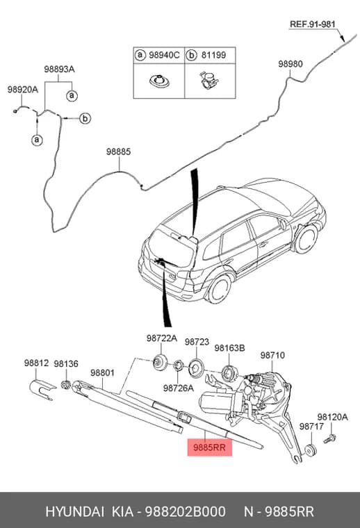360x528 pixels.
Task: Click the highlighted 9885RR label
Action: (x=209, y=447)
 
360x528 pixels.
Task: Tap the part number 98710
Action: (x=272, y=355)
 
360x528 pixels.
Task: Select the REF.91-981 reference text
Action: (x=313, y=24)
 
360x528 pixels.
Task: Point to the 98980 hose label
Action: (x=291, y=64)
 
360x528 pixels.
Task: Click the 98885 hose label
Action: (x=119, y=151)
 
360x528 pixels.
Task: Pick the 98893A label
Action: (x=59, y=69)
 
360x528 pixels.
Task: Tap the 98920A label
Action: (x=23, y=90)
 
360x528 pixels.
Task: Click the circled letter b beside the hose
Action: (x=85, y=119)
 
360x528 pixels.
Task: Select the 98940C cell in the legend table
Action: (x=159, y=55)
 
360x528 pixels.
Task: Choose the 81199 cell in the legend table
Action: (x=210, y=55)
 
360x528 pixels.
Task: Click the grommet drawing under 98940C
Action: (x=159, y=81)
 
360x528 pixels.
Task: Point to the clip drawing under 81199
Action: (x=208, y=81)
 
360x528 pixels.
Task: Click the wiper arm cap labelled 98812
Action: (x=42, y=389)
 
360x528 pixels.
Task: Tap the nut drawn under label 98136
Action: (x=65, y=384)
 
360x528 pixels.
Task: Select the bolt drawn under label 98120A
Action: (x=329, y=438)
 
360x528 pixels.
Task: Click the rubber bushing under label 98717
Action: (x=310, y=450)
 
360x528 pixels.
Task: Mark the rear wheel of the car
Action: (x=218, y=288)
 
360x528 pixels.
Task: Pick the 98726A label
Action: (x=179, y=388)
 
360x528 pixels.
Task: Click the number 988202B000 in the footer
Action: (x=186, y=511)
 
